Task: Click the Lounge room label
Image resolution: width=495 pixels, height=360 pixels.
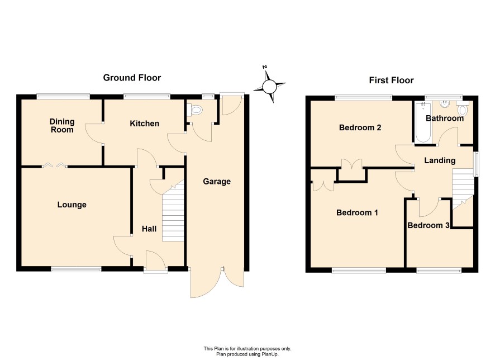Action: [72, 205]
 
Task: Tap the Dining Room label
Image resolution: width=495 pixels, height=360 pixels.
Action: [62, 126]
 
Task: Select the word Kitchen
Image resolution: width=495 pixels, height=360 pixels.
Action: [144, 124]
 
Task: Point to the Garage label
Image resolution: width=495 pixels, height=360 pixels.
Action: [217, 182]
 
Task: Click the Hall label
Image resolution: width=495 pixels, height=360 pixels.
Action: [149, 229]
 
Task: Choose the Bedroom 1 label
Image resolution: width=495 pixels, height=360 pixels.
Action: [357, 212]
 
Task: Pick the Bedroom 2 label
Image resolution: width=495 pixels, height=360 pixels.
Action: [360, 127]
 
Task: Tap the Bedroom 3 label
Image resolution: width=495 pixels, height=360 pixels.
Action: [429, 225]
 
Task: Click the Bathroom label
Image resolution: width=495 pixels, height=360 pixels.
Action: [445, 119]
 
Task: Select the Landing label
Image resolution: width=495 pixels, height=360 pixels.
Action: [440, 161]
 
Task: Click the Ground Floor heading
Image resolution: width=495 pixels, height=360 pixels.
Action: [132, 78]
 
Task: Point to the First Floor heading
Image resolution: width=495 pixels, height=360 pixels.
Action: [391, 80]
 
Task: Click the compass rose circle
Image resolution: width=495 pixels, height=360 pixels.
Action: [269, 87]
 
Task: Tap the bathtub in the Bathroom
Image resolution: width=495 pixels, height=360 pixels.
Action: [423, 122]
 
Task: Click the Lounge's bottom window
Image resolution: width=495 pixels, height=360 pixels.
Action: [76, 269]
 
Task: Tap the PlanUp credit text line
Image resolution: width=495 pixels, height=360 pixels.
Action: [247, 354]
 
